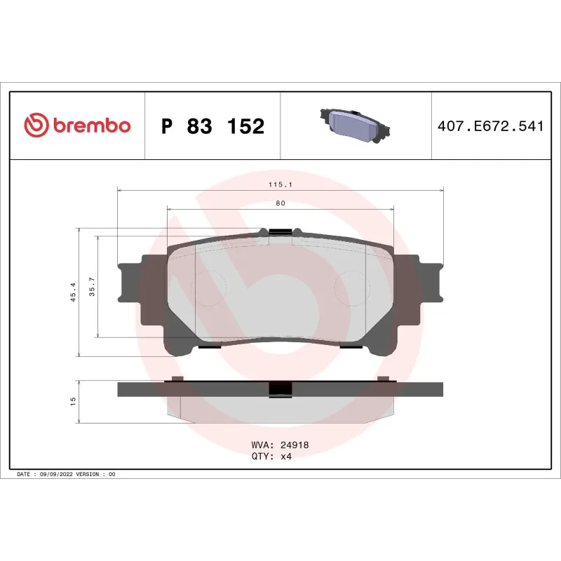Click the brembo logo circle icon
tap(36, 126)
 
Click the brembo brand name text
tap(90, 126)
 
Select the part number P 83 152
tap(212, 126)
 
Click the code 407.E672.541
tap(490, 127)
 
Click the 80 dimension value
tap(280, 203)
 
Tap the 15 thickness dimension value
tap(73, 401)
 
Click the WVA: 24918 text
tap(280, 445)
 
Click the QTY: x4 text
tap(271, 456)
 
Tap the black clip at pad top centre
tap(280, 231)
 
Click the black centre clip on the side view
tap(280, 389)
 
